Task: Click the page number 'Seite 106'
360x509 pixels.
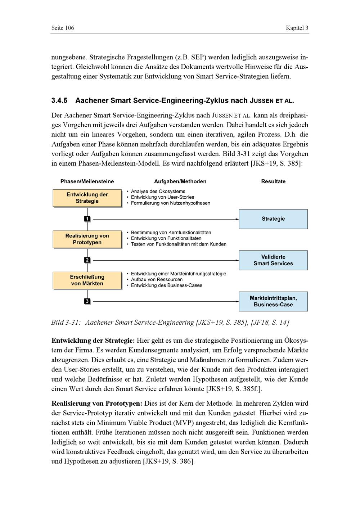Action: tap(63, 28)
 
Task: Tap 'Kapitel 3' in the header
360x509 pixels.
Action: tap(297, 28)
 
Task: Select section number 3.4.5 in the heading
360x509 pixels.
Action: tap(59, 100)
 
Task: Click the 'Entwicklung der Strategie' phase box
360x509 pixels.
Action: tap(87, 198)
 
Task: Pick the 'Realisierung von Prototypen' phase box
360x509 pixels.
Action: tap(87, 239)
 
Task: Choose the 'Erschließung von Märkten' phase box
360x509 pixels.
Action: tap(87, 280)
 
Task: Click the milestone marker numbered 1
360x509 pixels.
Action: tap(87, 219)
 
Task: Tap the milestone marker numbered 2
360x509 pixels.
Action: tap(87, 260)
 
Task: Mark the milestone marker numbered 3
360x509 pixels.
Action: tap(87, 301)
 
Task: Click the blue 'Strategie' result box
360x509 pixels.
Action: tap(273, 219)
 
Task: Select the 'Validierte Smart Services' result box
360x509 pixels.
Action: tap(273, 260)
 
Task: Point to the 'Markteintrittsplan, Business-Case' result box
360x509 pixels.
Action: tap(273, 301)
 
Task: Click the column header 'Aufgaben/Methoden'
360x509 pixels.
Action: tap(180, 181)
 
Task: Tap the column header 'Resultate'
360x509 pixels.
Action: tap(273, 181)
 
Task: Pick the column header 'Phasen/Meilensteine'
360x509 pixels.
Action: tap(87, 181)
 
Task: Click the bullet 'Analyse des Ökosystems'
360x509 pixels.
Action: tap(158, 192)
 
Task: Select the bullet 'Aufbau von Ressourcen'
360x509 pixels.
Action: tap(157, 279)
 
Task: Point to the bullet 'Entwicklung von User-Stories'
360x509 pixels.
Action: tap(162, 197)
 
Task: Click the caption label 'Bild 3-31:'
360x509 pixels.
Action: tap(66, 323)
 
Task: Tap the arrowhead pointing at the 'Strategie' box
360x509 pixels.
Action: tap(237, 219)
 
